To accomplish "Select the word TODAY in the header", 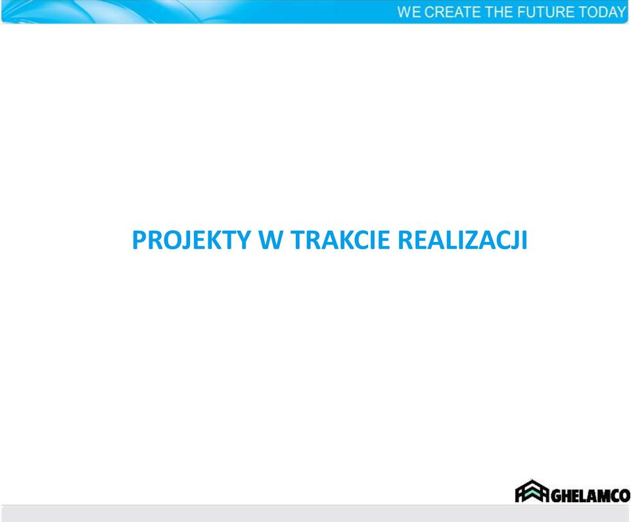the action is [602, 12].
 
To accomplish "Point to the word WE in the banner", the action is [409, 12].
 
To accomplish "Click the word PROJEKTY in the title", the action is [191, 240].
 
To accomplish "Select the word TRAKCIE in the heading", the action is [340, 240].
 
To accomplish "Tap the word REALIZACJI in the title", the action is [462, 240].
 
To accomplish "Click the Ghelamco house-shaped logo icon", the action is [532, 491].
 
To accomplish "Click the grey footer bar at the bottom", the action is [315, 513].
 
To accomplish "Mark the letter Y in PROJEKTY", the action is [243, 240].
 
